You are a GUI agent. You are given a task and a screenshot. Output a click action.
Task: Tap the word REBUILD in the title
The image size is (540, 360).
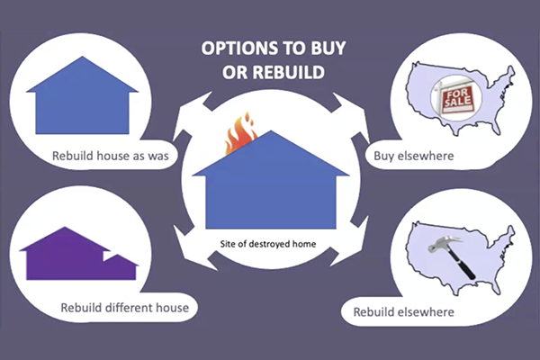289,72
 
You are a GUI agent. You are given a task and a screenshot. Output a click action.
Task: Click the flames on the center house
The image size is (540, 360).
240,133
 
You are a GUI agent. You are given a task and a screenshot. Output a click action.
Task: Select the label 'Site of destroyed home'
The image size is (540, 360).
268,244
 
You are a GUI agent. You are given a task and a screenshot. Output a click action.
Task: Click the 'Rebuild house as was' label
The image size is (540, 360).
110,156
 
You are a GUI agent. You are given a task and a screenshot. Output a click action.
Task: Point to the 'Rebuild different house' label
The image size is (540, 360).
125,308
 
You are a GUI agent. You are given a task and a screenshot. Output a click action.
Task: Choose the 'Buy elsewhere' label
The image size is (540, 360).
414,156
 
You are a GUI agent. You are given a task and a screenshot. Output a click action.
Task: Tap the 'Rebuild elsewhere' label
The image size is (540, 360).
403,312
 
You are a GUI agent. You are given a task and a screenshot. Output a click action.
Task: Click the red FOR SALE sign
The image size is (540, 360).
458,100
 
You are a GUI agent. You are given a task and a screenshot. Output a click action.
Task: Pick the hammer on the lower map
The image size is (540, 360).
452,256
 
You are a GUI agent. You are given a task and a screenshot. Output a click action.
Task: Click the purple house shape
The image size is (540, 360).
79,254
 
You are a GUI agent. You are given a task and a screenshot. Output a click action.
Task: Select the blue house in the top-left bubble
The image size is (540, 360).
82,95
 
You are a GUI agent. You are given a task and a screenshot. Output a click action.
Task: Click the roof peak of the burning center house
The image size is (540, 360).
271,130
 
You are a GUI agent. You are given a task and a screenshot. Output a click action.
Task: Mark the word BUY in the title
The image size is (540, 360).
328,49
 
